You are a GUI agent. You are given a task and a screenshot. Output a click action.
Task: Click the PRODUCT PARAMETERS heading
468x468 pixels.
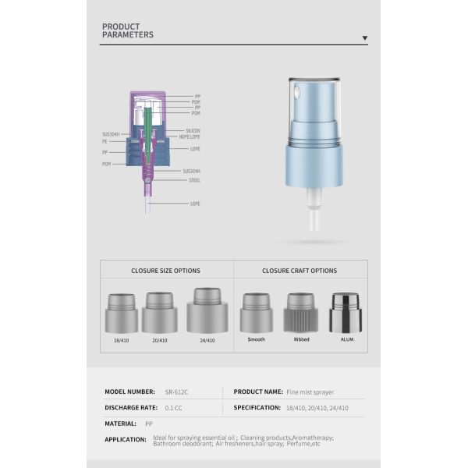click(128, 30)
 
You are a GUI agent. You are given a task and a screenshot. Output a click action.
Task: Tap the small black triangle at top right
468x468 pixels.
click(364, 37)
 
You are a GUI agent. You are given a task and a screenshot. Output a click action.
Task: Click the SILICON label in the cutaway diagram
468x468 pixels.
click(193, 130)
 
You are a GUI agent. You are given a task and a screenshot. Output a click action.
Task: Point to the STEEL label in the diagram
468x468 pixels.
click(194, 180)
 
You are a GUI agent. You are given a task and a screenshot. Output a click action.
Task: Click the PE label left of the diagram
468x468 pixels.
click(105, 142)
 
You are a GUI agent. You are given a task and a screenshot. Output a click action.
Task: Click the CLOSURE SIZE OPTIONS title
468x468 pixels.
click(165, 271)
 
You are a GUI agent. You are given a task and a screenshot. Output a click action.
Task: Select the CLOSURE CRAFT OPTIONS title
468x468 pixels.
click(300, 271)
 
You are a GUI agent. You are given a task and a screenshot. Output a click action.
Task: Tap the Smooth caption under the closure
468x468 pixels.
click(257, 340)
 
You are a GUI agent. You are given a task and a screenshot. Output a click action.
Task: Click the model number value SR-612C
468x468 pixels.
click(178, 392)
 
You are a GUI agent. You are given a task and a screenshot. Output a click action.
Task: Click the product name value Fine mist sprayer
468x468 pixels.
click(310, 392)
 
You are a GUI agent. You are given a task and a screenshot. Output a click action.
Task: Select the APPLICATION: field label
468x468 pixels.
click(126, 439)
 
